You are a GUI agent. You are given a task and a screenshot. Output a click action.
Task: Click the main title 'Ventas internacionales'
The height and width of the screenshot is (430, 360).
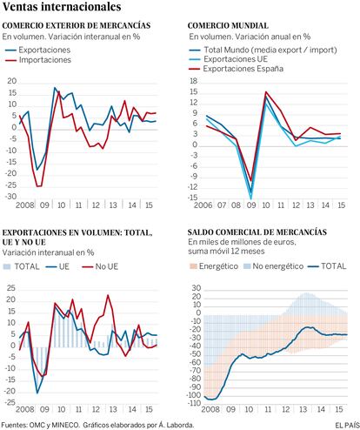[x=62, y=7]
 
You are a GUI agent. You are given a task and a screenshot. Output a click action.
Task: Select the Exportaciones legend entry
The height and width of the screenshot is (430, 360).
[x=37, y=50]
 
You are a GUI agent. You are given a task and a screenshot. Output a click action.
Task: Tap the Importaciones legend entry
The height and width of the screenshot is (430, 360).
[x=38, y=60]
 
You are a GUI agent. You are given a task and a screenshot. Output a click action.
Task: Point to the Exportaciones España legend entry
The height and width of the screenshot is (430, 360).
[x=236, y=69]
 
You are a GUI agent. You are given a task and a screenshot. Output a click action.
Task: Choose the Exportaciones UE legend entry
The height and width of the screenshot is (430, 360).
[x=228, y=59]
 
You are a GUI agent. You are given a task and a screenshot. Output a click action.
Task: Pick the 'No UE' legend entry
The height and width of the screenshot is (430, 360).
[x=100, y=266]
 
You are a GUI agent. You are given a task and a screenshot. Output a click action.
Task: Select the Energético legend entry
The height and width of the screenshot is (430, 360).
[x=213, y=266]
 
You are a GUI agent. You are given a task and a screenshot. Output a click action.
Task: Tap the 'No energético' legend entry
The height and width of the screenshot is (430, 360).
[x=273, y=266]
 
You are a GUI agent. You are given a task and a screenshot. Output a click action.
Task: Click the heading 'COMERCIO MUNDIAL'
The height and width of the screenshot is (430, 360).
[x=228, y=25]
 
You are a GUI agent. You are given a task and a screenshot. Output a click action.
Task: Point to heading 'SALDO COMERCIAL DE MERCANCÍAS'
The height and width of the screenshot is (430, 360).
[x=257, y=232]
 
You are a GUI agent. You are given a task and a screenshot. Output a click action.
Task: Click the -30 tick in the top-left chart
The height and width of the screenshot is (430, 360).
[x=10, y=197]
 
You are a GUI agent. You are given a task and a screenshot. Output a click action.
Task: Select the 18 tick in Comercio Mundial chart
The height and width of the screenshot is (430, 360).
[x=193, y=81]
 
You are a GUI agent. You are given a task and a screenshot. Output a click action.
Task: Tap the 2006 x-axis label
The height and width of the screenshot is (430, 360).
[x=203, y=205]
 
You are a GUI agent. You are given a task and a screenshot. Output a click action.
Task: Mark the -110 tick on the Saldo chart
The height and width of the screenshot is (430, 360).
[x=194, y=403]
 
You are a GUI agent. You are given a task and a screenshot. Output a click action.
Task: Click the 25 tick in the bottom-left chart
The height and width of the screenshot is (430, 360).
[x=10, y=288]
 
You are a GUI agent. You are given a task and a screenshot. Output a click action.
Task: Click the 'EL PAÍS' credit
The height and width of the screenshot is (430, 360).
[x=347, y=426]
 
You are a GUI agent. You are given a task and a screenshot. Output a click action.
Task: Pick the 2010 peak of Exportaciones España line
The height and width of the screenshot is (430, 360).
[x=265, y=92]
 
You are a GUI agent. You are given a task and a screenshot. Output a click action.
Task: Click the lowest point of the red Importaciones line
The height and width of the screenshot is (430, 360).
[x=37, y=186]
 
